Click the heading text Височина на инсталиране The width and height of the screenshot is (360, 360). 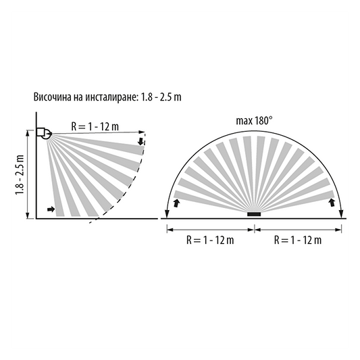86,97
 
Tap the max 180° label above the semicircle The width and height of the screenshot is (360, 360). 254,121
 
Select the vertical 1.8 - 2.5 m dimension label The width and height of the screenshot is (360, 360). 20,175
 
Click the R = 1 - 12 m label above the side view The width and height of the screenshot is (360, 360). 95,126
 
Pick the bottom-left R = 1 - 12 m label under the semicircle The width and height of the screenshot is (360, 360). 210,240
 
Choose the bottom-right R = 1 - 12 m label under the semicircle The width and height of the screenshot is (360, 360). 298,240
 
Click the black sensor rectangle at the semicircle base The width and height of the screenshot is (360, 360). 254,214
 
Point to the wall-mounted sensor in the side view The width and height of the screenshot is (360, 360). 44,133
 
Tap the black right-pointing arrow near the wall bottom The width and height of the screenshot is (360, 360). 51,209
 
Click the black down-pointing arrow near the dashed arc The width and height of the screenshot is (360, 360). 140,141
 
